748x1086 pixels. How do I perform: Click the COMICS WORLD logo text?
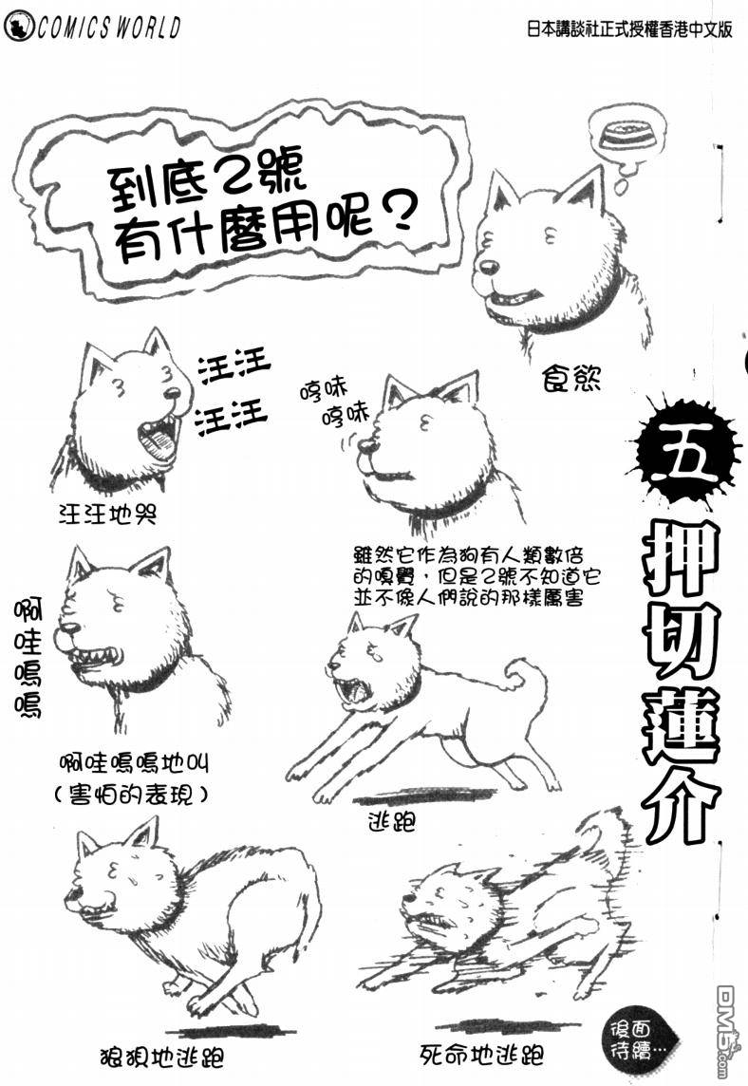click(109, 27)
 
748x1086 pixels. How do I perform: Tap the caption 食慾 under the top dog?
click(571, 378)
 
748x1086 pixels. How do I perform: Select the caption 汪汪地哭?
click(108, 514)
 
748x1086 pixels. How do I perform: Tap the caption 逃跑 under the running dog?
click(392, 821)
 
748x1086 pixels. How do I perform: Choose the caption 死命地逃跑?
click(482, 1055)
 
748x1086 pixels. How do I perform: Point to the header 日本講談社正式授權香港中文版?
click(629, 28)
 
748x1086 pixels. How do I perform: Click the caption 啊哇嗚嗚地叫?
click(134, 762)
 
